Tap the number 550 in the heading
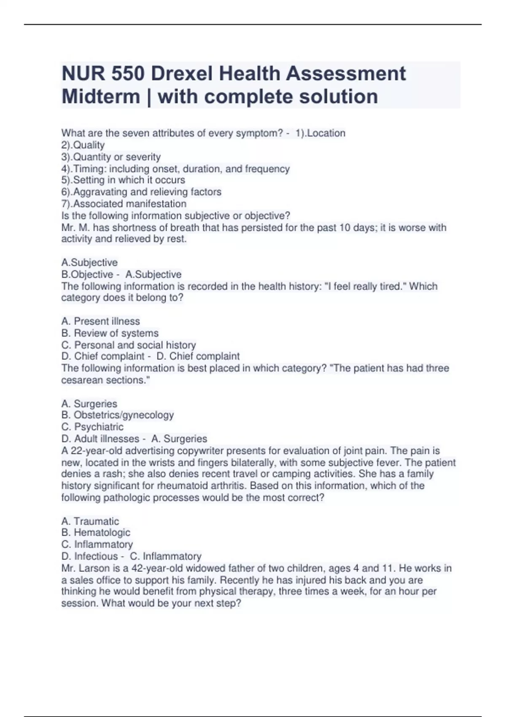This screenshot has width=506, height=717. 127,74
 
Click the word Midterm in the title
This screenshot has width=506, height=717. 101,97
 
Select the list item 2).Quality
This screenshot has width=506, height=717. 83,145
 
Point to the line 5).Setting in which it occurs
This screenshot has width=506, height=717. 123,180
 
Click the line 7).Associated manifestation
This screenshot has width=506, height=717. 124,204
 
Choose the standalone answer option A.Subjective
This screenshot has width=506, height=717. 89,262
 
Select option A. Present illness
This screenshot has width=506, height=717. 100,321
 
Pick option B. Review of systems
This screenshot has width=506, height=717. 110,333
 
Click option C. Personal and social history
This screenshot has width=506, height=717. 129,345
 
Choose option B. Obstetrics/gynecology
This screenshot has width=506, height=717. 117,415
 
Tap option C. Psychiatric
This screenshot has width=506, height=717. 92,427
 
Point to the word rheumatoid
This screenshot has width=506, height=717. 178,486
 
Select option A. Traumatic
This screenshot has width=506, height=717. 90,521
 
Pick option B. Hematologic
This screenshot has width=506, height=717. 96,533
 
